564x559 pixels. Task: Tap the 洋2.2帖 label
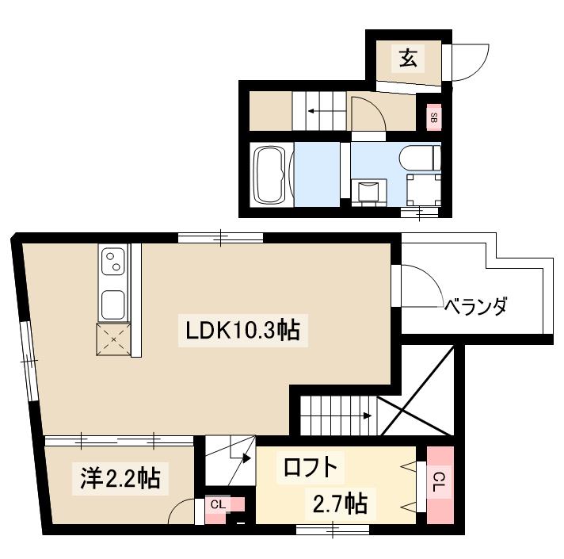click(x=120, y=478)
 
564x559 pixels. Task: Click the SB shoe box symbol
click(x=433, y=118)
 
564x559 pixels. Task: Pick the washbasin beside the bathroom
click(x=368, y=190)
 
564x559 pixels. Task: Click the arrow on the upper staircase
click(x=314, y=111)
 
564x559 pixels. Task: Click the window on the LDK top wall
click(x=219, y=236)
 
